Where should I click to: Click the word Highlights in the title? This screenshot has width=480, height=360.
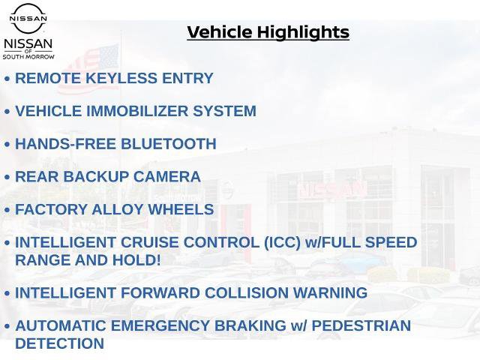(302, 32)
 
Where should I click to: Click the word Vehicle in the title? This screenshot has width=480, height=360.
(220, 32)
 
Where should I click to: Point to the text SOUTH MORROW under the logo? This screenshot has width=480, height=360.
(28, 56)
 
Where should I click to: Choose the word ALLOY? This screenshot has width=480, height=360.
(118, 210)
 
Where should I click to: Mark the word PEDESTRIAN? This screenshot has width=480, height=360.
(361, 326)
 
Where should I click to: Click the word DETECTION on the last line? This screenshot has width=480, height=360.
(59, 343)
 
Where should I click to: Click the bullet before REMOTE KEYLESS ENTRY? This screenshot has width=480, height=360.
(7, 79)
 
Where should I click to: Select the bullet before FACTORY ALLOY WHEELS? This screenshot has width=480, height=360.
(7, 211)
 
